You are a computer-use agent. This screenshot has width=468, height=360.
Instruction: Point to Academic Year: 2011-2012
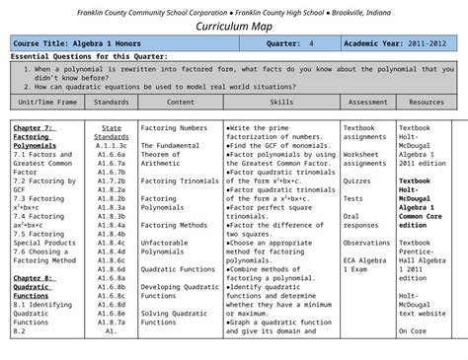398,45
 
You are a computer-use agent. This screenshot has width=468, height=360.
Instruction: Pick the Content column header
180,102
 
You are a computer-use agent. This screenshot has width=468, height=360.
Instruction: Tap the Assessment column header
367,102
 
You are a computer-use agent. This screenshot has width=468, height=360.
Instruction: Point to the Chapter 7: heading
34,128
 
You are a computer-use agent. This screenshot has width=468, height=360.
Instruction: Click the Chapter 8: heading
34,278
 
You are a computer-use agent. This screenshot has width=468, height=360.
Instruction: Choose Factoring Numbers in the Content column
174,128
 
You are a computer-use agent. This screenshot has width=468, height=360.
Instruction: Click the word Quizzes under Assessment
357,181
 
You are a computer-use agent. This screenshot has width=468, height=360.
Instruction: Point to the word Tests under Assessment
352,198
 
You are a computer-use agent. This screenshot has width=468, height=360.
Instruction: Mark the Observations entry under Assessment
366,243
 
